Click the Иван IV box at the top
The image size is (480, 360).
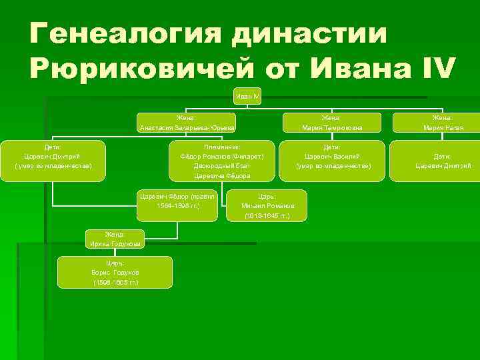247,97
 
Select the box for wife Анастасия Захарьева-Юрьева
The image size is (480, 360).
186,122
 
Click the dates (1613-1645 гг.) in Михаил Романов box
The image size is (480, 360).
267,217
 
